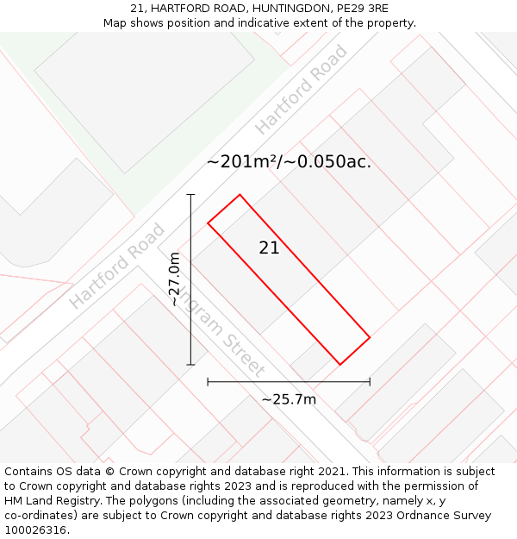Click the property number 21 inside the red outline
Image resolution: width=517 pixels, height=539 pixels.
coord(269,248)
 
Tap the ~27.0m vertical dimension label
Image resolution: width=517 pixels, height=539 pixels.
coord(174,279)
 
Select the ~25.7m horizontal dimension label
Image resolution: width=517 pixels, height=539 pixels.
coord(289,399)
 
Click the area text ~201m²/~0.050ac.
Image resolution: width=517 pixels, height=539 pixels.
coord(289,161)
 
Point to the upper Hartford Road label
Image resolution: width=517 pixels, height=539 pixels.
coord(302,90)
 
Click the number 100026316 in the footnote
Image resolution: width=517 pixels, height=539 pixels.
coord(36,530)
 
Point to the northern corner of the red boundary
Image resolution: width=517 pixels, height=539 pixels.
coord(240,195)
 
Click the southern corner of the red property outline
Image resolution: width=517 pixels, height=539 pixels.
coord(340,365)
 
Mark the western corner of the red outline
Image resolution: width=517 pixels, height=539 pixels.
coord(208,223)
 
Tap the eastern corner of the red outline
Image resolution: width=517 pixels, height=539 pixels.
coord(371,336)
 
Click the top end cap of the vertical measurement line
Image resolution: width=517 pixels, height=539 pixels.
coord(190,195)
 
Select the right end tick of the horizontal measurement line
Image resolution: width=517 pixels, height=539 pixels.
coord(370,381)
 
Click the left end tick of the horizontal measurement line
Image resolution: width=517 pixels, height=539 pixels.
coord(208,381)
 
